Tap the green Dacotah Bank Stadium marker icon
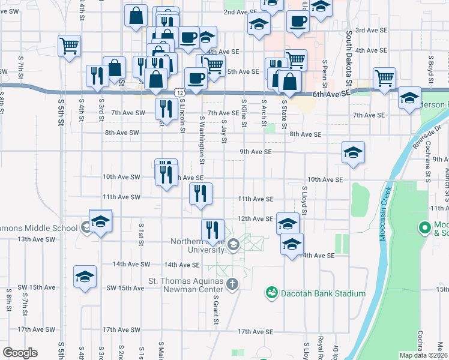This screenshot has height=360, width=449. [x=271, y=293]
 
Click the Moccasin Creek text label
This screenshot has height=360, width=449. [x=385, y=213]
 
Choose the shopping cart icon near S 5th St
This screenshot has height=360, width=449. [x=70, y=45]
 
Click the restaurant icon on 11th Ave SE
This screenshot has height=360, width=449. [x=200, y=194]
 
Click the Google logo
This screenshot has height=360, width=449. [x=20, y=353]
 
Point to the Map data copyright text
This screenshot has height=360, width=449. [x=423, y=355]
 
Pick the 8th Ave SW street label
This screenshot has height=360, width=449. [x=122, y=133]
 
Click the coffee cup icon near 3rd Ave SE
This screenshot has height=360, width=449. [x=297, y=22]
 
